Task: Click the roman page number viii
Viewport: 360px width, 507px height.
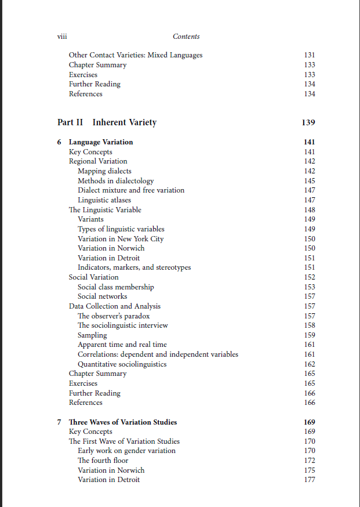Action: pyautogui.click(x=62, y=36)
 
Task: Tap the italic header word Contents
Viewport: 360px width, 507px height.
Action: pyautogui.click(x=186, y=37)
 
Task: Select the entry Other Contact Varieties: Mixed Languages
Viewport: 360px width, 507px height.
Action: pyautogui.click(x=136, y=55)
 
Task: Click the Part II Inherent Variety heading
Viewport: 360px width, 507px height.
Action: pyautogui.click(x=107, y=122)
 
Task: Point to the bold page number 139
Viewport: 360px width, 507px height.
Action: pyautogui.click(x=308, y=122)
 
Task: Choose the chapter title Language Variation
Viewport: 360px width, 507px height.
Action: pyautogui.click(x=101, y=142)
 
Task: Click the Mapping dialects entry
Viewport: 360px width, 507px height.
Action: pyautogui.click(x=104, y=171)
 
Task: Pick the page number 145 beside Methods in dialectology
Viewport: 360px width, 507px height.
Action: pyautogui.click(x=310, y=181)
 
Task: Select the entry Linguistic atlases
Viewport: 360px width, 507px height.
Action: pyautogui.click(x=104, y=200)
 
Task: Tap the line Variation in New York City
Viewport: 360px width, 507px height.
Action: pyautogui.click(x=121, y=239)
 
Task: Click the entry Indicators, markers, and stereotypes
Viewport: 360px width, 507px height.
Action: pyautogui.click(x=134, y=267)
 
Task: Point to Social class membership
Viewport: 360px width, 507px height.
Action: pyautogui.click(x=116, y=287)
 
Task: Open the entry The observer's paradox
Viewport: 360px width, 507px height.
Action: pyautogui.click(x=114, y=316)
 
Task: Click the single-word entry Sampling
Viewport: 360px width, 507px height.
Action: pyautogui.click(x=92, y=335)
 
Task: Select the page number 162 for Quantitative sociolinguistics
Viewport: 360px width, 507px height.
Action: pyautogui.click(x=310, y=364)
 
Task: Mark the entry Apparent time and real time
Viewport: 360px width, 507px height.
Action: pyautogui.click(x=122, y=345)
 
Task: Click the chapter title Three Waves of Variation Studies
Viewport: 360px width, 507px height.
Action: pyautogui.click(x=123, y=422)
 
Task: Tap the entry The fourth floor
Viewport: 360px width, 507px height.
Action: pyautogui.click(x=103, y=461)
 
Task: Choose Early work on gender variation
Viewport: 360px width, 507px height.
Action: pyautogui.click(x=126, y=451)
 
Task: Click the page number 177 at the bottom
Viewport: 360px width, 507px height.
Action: pyautogui.click(x=310, y=480)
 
